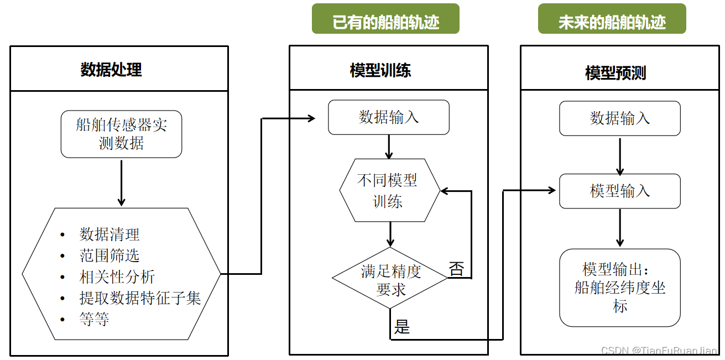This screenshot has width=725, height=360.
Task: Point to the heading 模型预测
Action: [x=616, y=73]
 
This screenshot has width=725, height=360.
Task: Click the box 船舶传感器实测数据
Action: [x=121, y=134]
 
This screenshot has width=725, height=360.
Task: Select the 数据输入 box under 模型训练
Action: [x=389, y=117]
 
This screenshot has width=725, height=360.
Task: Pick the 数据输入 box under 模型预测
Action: [x=620, y=118]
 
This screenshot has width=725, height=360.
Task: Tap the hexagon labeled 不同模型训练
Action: [x=389, y=191]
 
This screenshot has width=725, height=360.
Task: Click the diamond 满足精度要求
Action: [x=390, y=280]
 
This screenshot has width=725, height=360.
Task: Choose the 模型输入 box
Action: [x=620, y=191]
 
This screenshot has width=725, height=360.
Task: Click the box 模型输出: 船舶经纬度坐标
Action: [x=620, y=288]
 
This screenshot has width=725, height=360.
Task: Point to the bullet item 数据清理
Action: [x=109, y=234]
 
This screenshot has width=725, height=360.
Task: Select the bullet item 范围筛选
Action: [x=109, y=255]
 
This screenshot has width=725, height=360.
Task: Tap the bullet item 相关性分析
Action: [x=117, y=277]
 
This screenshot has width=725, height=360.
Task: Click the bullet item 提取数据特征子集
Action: [x=140, y=298]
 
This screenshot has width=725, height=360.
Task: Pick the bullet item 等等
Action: [x=94, y=319]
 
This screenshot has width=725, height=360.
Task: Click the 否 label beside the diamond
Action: [x=457, y=269]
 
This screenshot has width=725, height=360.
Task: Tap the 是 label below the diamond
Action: [x=402, y=327]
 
